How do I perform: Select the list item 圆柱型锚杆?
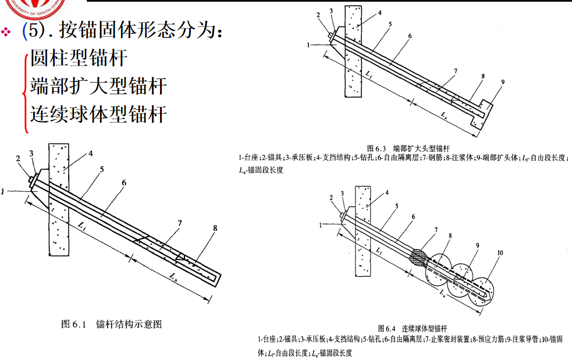pyautogui.click(x=79, y=59)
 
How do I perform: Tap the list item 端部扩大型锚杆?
pyautogui.click(x=99, y=87)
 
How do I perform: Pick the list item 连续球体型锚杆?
pyautogui.click(x=99, y=113)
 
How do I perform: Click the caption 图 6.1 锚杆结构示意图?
pyautogui.click(x=112, y=324)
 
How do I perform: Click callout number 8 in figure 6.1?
pyautogui.click(x=215, y=229)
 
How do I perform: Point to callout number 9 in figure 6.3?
pyautogui.click(x=502, y=82)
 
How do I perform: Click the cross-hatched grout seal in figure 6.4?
pyautogui.click(x=419, y=256)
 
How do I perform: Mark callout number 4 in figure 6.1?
pyautogui.click(x=91, y=155)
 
